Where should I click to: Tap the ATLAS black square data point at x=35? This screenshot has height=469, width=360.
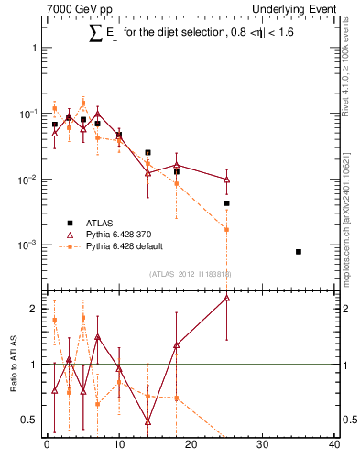(299, 251)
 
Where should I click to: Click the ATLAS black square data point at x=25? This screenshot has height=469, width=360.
(226, 203)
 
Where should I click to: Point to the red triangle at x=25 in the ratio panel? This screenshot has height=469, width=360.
(226, 298)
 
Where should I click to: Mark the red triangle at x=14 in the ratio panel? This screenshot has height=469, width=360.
(147, 421)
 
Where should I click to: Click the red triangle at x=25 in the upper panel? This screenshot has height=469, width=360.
(226, 180)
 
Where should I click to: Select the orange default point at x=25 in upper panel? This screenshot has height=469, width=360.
(226, 229)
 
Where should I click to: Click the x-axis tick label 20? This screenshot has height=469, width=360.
(191, 445)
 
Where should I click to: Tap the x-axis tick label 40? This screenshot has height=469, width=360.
(334, 445)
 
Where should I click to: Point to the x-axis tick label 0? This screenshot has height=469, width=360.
(46, 445)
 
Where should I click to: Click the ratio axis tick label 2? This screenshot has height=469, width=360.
(33, 309)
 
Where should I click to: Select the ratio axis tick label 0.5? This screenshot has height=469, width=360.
(29, 420)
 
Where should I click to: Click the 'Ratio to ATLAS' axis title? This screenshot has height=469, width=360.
(11, 365)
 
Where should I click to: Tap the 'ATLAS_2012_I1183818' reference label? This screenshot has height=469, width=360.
(190, 273)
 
